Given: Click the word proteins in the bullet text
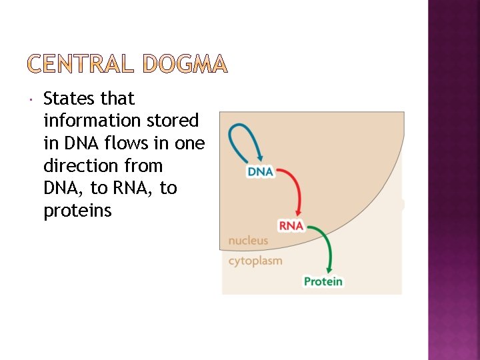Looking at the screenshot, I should pos(77,211).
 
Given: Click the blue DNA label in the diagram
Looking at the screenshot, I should pos(260,172).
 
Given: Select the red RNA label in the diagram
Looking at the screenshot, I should pos(291,226).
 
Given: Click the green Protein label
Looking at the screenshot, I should pos(323,281).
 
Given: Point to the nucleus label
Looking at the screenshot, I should pos(248,241).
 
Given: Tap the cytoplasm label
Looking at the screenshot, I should pos(255,261).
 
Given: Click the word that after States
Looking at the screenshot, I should pos(117,99).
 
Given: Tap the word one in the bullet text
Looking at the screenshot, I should pos(189,143).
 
